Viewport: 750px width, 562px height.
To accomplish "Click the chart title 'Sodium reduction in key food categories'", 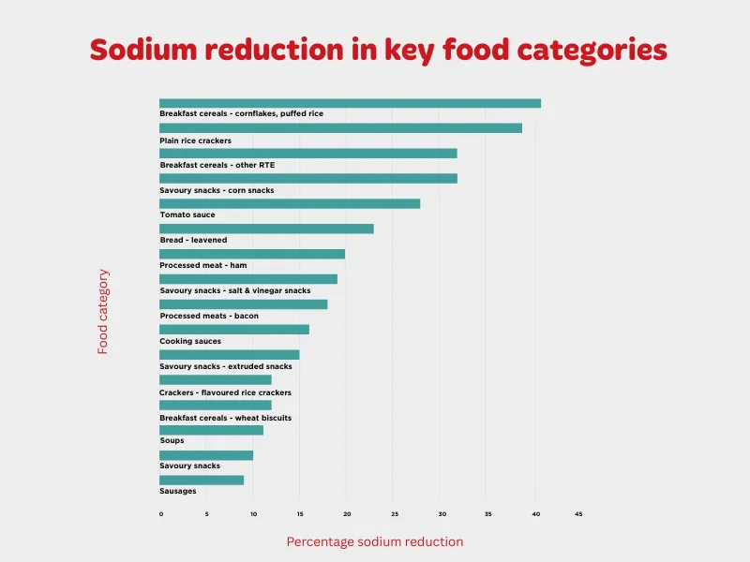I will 378,50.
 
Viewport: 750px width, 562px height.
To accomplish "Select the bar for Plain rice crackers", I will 340,127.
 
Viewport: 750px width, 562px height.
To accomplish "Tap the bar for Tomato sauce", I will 290,203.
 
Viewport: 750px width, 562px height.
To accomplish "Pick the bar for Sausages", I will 202,480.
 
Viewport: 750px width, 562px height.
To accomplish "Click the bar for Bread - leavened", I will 266,229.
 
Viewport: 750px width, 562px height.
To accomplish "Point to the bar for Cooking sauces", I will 234,329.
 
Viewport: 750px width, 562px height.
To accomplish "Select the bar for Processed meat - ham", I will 252,254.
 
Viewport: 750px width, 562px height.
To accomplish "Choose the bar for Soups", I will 211,430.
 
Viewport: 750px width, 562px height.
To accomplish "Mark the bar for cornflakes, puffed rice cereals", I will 350,103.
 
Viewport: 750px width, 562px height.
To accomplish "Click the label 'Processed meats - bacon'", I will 209,316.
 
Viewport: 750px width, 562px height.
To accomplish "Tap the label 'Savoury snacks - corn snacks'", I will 217,190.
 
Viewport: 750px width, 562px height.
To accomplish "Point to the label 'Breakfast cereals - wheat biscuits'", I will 225,417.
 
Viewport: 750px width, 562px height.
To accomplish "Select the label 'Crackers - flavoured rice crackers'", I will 225,392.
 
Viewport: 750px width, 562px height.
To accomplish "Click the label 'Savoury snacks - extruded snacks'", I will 226,366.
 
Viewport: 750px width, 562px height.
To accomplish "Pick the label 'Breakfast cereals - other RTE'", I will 217,165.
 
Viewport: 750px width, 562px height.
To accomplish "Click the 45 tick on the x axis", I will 578,514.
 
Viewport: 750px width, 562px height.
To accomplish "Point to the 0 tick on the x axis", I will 161,514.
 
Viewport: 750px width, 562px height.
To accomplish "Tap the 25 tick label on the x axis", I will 393,514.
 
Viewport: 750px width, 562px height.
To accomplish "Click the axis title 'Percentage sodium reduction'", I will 374,541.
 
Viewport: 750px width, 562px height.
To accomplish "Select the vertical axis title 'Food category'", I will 103,312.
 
